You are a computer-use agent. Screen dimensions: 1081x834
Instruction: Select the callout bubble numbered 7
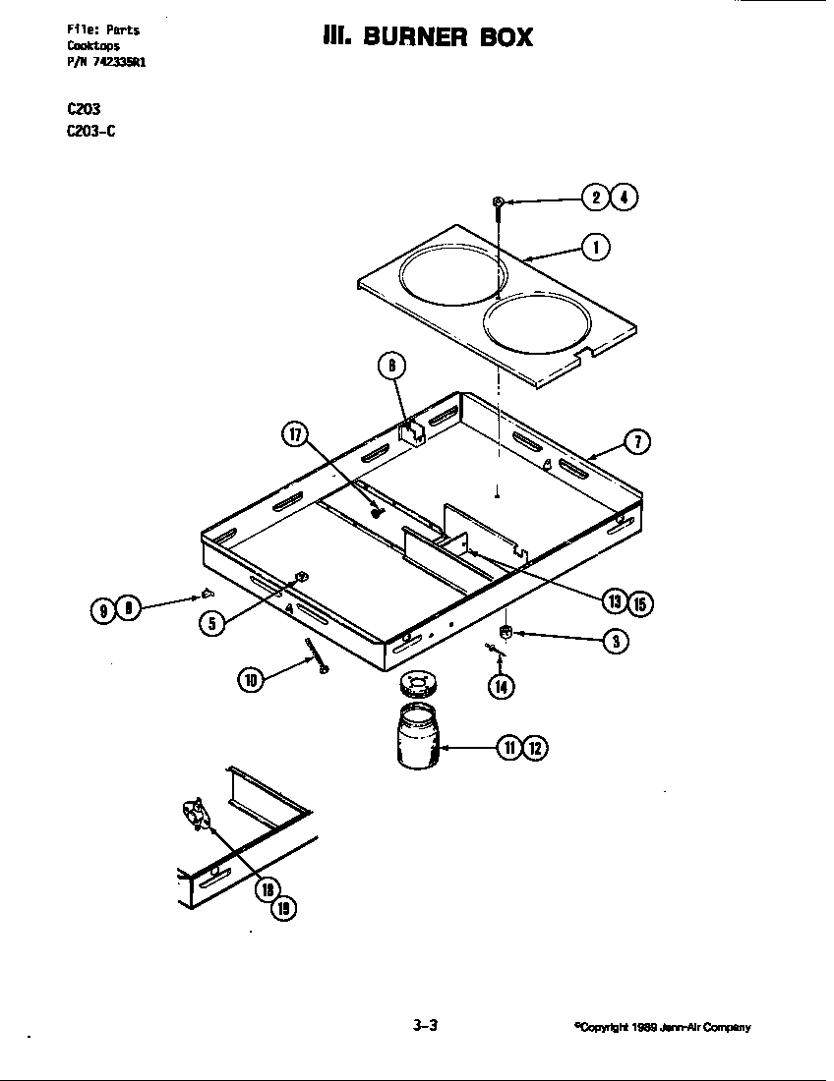click(636, 442)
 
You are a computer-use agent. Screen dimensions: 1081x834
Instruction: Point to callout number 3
click(616, 642)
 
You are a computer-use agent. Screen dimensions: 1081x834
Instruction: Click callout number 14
click(502, 686)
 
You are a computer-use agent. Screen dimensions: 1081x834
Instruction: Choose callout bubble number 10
click(251, 677)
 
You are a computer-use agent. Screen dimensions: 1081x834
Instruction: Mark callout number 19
click(283, 909)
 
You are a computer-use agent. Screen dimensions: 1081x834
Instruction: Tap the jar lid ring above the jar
click(418, 681)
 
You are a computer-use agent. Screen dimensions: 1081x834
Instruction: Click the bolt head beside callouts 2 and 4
click(499, 202)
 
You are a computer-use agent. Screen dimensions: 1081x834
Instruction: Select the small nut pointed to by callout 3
click(506, 631)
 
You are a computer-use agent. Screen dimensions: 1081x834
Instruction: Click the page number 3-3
click(425, 1026)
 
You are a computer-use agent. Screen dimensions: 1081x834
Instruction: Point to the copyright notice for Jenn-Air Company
click(662, 1028)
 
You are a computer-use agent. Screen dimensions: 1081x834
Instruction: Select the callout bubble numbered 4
click(624, 198)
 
